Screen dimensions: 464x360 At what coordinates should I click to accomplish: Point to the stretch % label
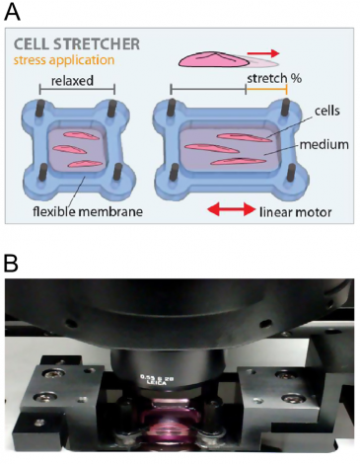(x=268, y=77)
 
